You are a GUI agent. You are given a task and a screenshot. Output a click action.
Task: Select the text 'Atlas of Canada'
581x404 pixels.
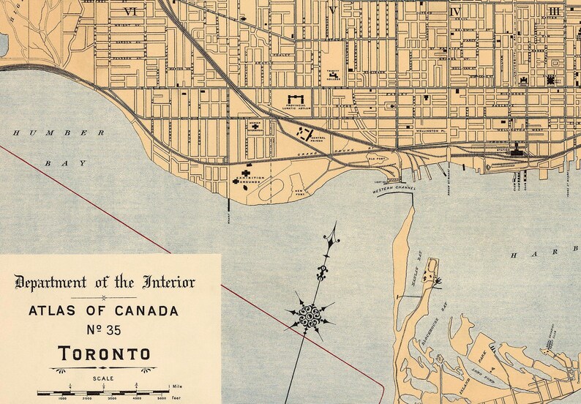tap(102, 310)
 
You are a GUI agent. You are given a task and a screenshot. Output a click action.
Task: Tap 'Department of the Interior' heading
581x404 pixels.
tap(105, 283)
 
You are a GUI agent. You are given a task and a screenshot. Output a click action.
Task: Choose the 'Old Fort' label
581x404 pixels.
tap(376, 156)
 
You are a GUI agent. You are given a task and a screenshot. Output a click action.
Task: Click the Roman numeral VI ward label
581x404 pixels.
tap(131, 11)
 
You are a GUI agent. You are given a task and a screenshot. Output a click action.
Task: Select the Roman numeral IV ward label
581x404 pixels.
tap(455, 12)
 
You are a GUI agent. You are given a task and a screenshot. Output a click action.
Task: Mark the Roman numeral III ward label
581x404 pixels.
tap(553, 11)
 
